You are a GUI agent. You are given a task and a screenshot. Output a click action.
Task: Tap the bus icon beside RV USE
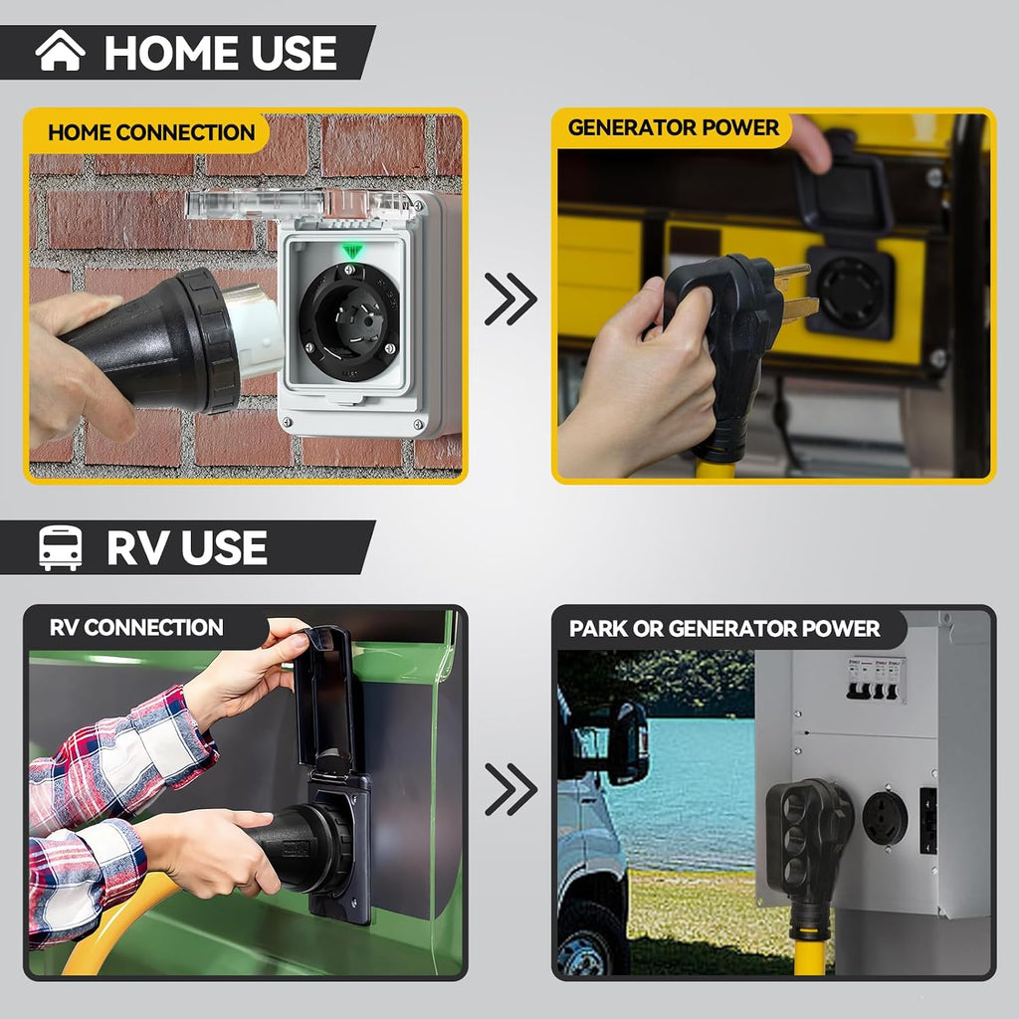(x=61, y=548)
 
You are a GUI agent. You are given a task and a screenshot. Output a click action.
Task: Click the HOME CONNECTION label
(x=151, y=132)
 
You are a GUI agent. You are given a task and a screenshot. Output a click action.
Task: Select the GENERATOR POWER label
(x=674, y=127)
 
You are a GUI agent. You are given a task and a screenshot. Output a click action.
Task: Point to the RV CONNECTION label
(x=136, y=627)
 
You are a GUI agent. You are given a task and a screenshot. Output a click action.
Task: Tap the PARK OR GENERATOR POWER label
(x=724, y=629)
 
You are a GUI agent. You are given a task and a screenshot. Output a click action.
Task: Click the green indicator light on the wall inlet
(x=351, y=251)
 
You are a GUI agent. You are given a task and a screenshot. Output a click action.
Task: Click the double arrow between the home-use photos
(x=510, y=299)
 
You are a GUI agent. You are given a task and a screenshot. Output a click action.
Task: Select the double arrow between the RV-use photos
(x=510, y=789)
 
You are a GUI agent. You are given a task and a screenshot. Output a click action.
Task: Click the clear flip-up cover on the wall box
(x=302, y=203)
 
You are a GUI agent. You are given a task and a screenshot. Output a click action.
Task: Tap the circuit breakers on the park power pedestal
(x=876, y=679)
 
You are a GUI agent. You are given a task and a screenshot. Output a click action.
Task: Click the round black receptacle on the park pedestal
(x=885, y=818)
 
